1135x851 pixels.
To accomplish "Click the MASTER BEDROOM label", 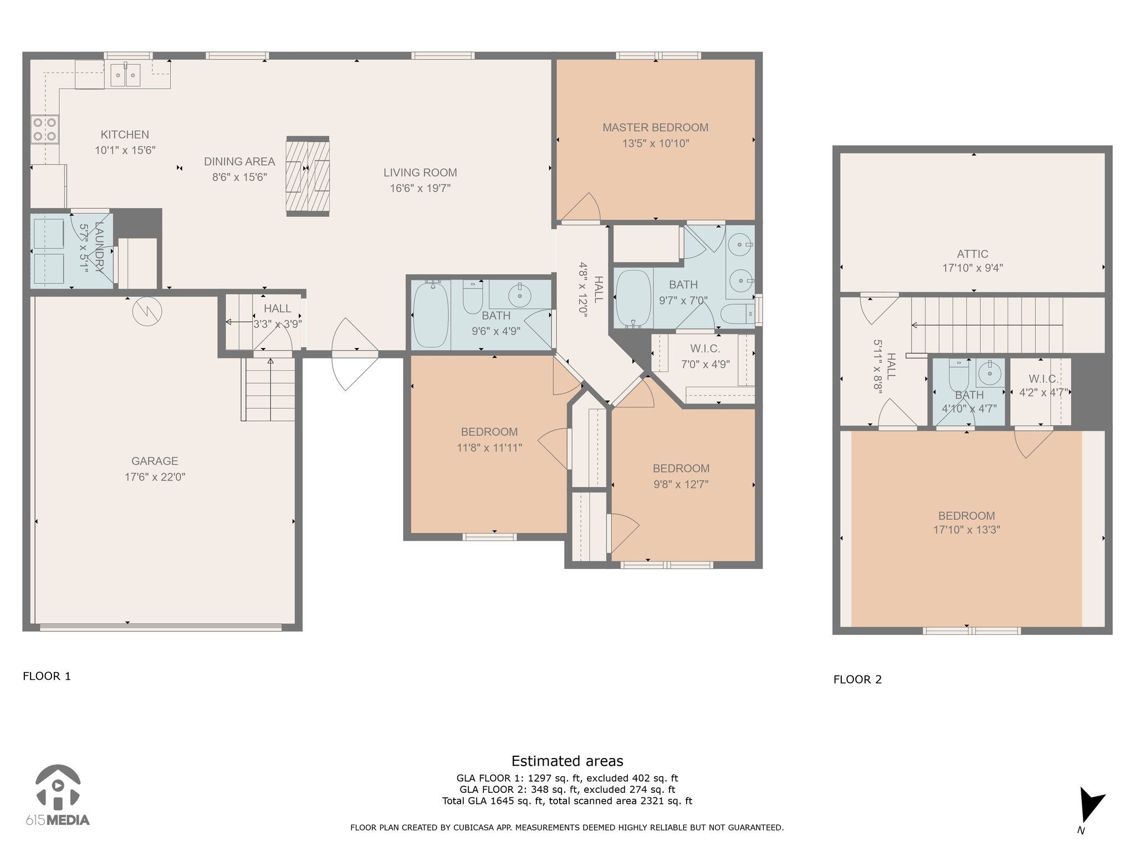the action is (655, 127).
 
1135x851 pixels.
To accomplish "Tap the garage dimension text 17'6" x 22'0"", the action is (155, 477).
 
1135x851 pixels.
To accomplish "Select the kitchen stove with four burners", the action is (44, 129).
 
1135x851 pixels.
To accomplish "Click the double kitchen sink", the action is (125, 75).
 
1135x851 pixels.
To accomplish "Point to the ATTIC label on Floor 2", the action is (972, 254).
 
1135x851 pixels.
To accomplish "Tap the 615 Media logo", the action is (58, 795).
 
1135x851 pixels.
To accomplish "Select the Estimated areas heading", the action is (567, 761).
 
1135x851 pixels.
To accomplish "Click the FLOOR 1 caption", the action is (47, 676).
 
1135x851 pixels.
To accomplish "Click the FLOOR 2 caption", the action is (857, 679).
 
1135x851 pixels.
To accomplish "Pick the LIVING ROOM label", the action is (420, 172).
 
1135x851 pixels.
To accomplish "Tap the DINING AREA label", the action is (239, 161).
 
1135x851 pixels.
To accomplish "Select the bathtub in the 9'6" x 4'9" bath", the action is (431, 315).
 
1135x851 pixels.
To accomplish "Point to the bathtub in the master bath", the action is (633, 299).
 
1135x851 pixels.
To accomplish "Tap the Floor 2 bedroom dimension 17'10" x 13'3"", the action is (967, 530).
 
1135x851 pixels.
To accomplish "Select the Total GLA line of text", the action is (567, 801).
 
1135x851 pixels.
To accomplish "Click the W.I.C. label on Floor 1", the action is (705, 348).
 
